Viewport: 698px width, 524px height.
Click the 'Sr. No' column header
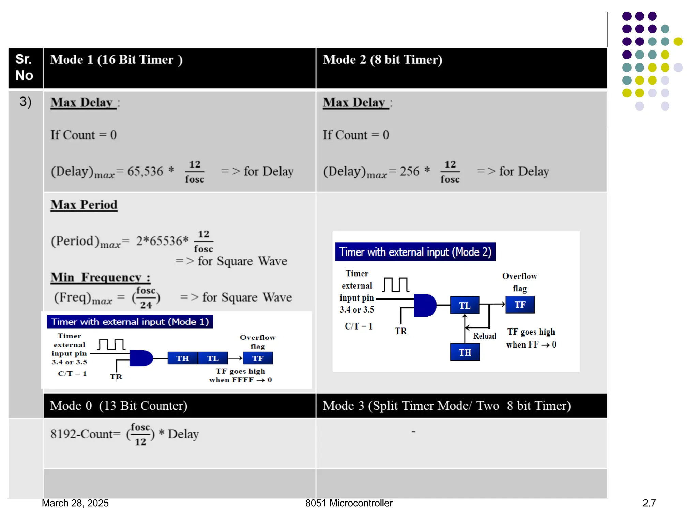point(24,67)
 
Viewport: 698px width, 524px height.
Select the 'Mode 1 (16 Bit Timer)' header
point(116,60)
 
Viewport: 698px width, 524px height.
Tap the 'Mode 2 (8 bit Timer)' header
point(382,60)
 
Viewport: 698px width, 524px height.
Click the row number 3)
point(26,102)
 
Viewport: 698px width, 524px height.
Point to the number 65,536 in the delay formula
point(145,171)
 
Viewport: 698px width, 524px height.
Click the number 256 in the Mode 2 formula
point(409,171)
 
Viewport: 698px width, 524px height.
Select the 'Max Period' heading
point(84,205)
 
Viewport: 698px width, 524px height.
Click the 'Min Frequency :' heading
point(100,277)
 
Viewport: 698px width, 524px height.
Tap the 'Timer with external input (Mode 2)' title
point(415,252)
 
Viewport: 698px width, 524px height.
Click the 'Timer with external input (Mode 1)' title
point(130,322)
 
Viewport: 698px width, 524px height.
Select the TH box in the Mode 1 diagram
point(182,358)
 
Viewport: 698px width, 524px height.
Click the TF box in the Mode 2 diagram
point(520,305)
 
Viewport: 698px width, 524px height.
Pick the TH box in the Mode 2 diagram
point(465,352)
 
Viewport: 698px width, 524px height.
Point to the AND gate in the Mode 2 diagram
point(424,305)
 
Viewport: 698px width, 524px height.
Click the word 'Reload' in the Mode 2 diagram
point(484,336)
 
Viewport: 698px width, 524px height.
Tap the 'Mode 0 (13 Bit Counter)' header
point(119,406)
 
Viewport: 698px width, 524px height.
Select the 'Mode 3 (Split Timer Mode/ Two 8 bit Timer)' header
point(446,406)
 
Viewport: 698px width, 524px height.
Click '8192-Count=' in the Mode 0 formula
point(85,434)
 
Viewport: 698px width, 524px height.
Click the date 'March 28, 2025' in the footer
point(75,503)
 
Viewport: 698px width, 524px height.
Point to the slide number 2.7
point(649,503)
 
